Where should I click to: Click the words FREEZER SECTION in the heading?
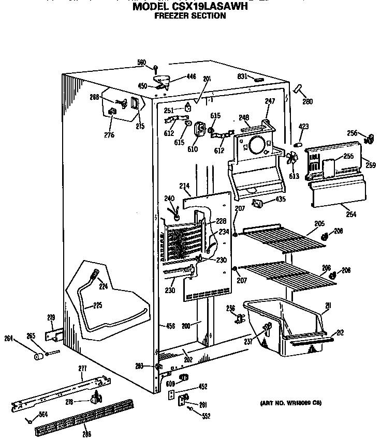coord(190,16)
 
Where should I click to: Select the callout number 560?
coord(141,63)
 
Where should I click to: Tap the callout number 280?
coord(307,101)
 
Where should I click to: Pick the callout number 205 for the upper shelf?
coord(319,223)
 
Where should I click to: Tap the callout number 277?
coord(83,368)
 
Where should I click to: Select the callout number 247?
coord(270,101)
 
